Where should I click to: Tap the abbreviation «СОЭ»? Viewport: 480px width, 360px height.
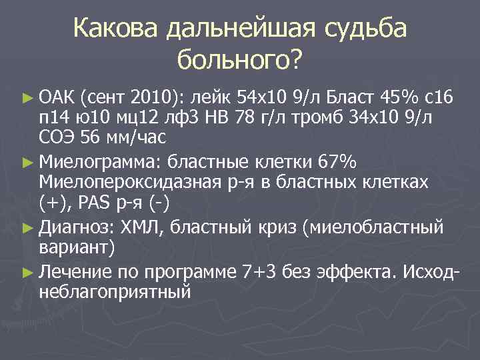57,138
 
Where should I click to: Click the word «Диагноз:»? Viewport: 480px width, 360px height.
79,227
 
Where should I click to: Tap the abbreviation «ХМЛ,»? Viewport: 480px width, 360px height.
143,227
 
